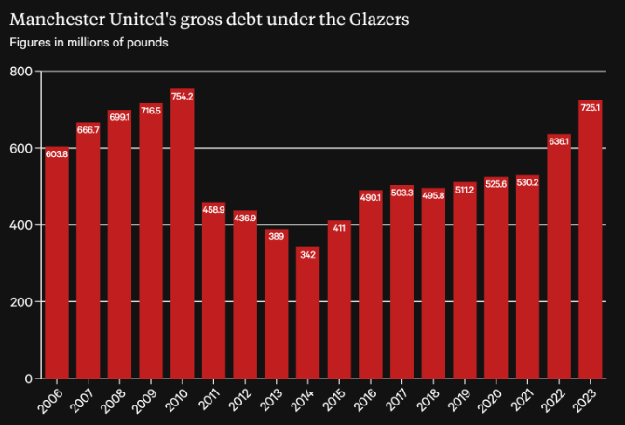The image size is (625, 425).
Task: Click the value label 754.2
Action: coord(183,97)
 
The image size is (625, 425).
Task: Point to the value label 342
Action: coord(308,255)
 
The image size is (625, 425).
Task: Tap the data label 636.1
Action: coord(559,141)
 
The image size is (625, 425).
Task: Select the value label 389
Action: coord(277,237)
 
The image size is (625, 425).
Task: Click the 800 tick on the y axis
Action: coord(21,72)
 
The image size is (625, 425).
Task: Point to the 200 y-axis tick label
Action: coord(21,302)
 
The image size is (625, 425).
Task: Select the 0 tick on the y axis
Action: coord(28,379)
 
